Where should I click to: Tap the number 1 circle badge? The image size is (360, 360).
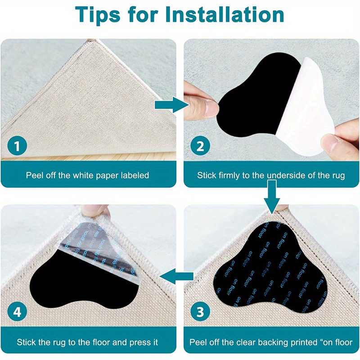pyautogui.click(x=18, y=146)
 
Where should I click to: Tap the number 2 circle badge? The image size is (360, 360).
pyautogui.click(x=201, y=146)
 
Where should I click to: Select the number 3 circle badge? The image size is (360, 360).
pyautogui.click(x=201, y=311)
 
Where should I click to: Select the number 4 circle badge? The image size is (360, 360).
pyautogui.click(x=18, y=311)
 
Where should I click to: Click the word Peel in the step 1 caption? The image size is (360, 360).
pyautogui.click(x=35, y=175)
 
